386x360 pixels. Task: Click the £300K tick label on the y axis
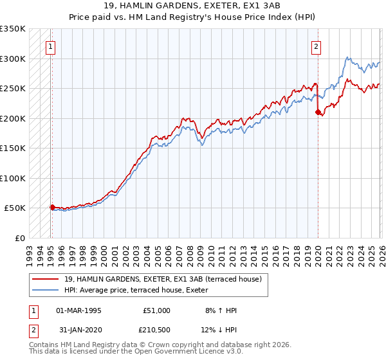coord(13,59)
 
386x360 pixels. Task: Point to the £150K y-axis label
coord(13,148)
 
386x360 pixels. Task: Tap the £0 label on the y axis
coord(19,238)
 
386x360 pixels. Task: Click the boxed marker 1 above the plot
coord(50,46)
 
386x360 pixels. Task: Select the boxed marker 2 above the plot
coord(317,46)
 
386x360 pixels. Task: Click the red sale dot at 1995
coord(52,207)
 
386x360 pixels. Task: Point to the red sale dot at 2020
coord(318,112)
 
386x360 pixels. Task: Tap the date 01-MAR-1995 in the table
coord(78,310)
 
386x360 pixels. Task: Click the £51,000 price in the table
coord(156,310)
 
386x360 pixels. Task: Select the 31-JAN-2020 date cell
coord(78,330)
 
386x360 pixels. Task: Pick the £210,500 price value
coord(156,330)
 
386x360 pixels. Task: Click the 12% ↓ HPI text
coord(221,330)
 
